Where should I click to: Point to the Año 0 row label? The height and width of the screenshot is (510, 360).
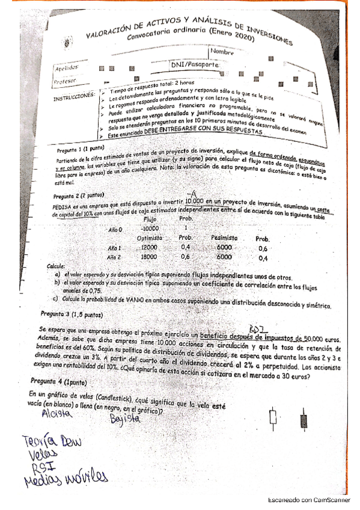(x=115, y=229)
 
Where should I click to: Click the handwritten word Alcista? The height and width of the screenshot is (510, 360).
(x=57, y=414)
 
